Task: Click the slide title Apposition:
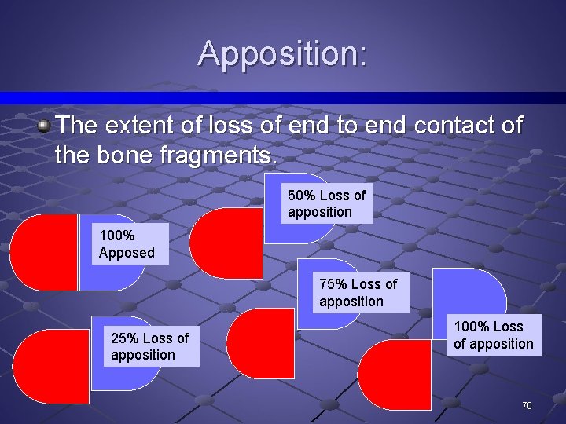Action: [x=282, y=53]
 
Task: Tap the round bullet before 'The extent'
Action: [x=46, y=125]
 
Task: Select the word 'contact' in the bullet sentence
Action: [x=455, y=126]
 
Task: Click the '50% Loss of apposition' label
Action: [x=327, y=203]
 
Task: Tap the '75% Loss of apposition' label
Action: [x=358, y=293]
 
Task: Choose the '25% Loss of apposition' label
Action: [x=150, y=346]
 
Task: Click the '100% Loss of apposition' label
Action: [x=493, y=335]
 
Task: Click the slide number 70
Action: [x=527, y=406]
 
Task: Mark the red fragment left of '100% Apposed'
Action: [x=43, y=252]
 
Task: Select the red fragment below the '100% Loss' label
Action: [x=397, y=381]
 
